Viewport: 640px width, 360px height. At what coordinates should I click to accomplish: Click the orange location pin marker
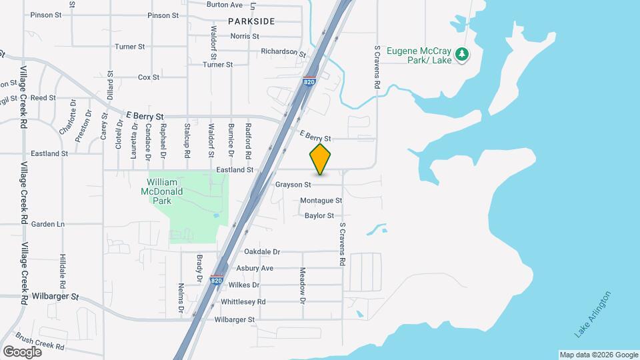click(321, 159)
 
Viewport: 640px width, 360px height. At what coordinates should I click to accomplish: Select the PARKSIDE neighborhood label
click(251, 21)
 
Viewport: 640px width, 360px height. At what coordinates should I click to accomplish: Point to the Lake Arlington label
click(592, 313)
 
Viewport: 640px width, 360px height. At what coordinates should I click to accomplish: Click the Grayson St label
click(293, 184)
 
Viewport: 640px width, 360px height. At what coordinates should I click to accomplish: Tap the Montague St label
click(321, 200)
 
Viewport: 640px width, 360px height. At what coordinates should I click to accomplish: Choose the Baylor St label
click(319, 215)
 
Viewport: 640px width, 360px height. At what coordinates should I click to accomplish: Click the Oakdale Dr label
click(263, 252)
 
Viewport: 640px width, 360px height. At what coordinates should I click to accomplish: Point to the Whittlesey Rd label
click(243, 301)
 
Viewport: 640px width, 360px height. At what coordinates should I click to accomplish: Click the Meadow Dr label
click(303, 286)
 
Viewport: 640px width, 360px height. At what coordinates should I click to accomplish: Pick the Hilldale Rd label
click(63, 266)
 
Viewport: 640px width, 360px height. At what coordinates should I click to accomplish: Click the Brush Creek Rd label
click(40, 342)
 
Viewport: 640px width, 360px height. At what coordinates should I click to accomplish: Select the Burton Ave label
click(225, 4)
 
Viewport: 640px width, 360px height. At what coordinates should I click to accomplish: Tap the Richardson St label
click(283, 52)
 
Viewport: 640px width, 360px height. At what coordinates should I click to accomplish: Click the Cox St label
click(148, 77)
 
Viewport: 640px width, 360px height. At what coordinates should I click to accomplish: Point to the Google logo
click(22, 351)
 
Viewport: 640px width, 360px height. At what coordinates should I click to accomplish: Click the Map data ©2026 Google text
click(598, 355)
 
